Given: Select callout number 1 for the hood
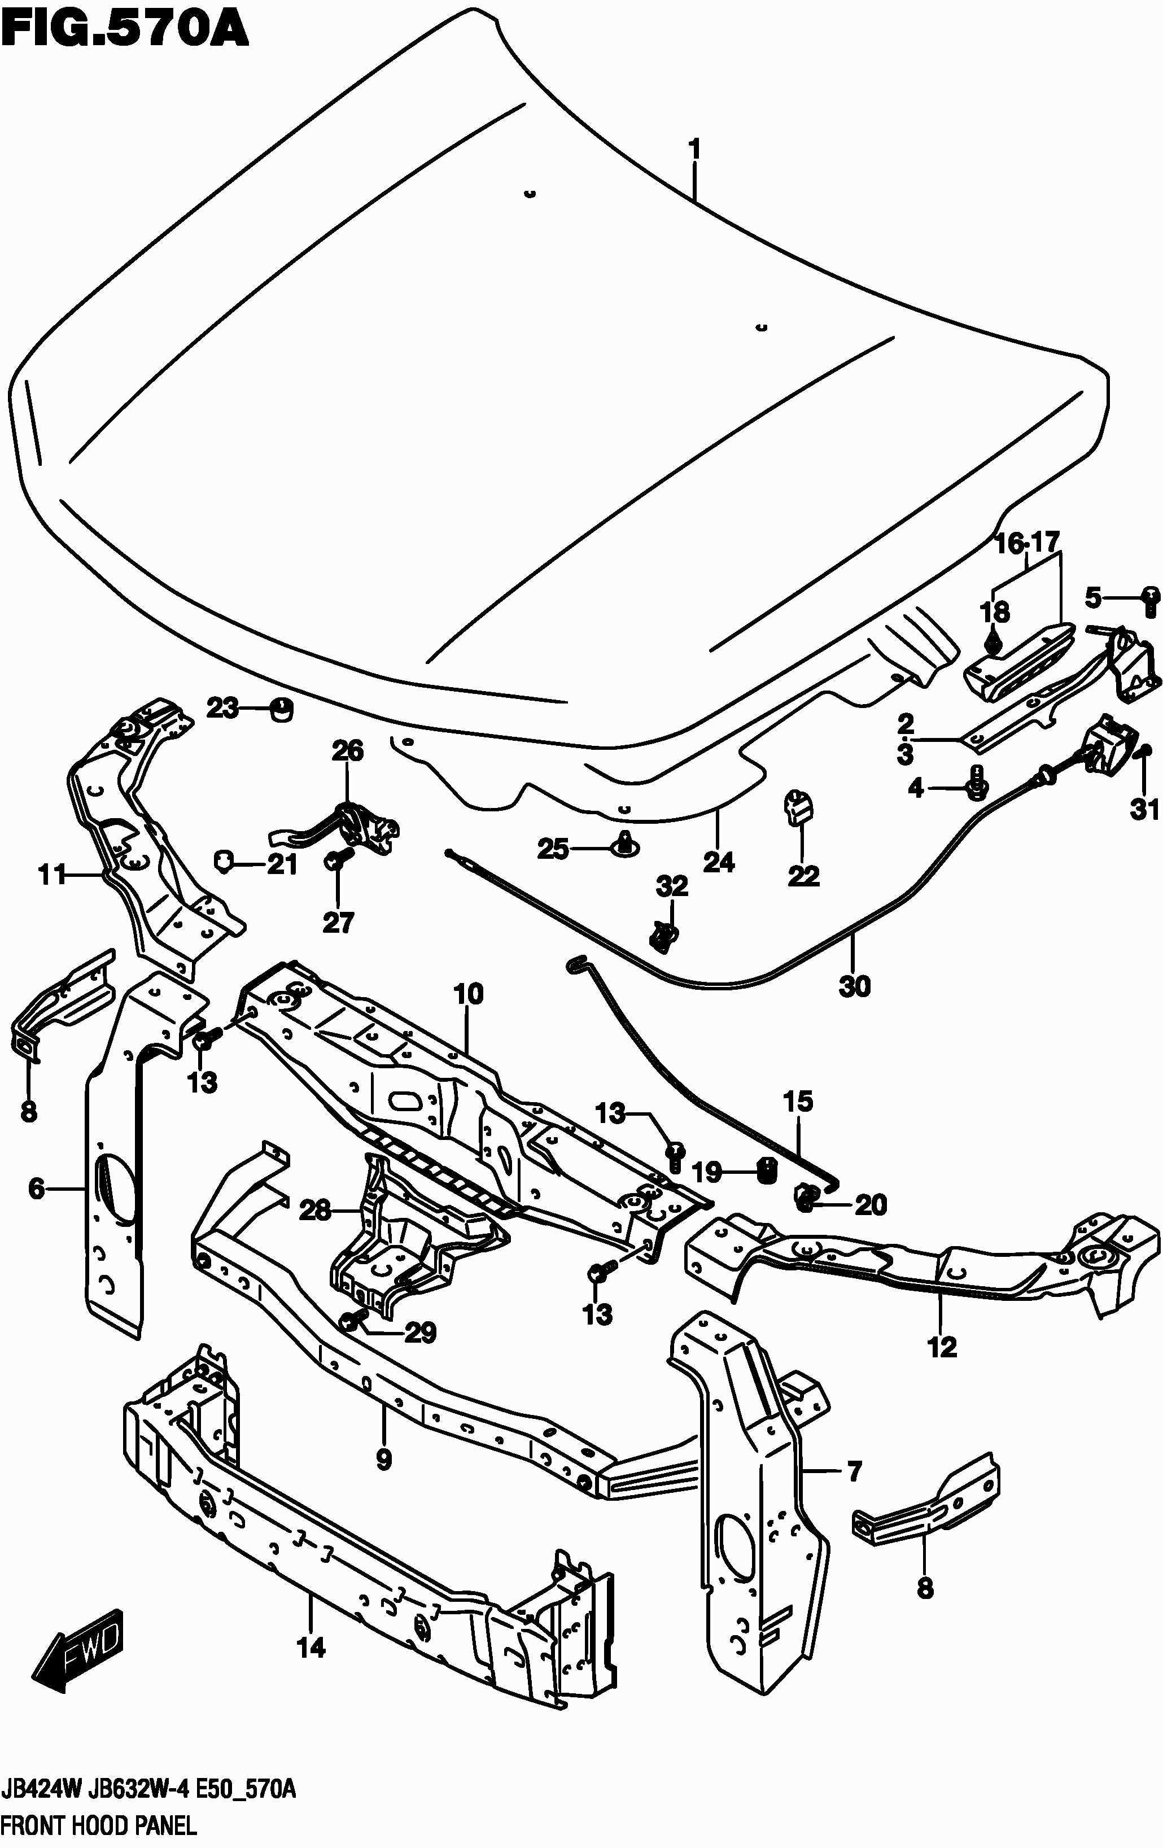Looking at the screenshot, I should pos(695,149).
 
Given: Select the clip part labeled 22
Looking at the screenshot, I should pos(798,808).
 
